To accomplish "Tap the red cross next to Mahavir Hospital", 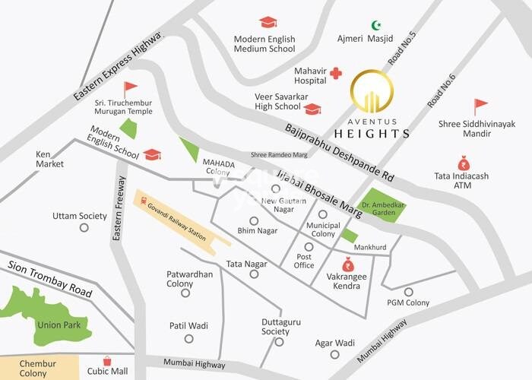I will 335,74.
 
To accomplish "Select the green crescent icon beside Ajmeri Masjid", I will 375,25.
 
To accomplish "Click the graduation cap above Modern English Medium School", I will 268,23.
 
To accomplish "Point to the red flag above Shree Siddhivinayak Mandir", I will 480,106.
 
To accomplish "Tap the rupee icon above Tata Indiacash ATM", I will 464,163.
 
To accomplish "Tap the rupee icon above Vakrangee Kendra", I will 348,265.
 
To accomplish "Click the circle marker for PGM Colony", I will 409,292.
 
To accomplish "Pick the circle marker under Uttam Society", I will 83,227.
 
